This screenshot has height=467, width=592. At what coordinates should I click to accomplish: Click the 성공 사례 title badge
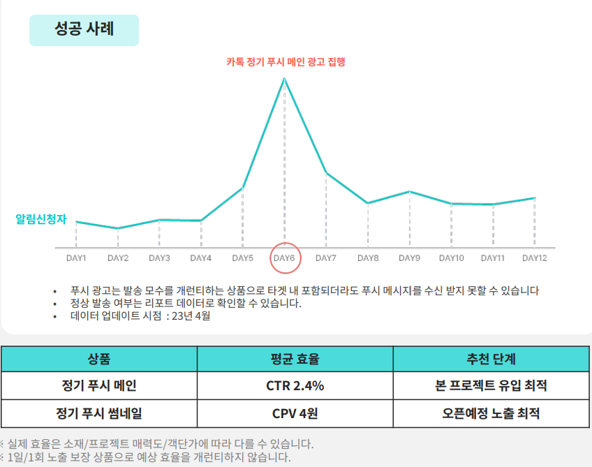[x=84, y=30]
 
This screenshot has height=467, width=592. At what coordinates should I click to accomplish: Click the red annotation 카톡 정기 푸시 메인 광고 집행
[x=286, y=61]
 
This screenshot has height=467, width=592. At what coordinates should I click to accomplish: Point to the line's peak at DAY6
[x=284, y=78]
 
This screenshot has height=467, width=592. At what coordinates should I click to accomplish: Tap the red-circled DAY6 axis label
[x=284, y=258]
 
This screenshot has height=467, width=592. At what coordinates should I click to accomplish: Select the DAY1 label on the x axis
[x=76, y=258]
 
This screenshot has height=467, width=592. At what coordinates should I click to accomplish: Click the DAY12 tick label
[x=534, y=258]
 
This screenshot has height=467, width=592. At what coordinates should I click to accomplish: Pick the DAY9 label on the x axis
[x=409, y=258]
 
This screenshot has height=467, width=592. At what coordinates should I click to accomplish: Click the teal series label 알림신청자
[x=40, y=219]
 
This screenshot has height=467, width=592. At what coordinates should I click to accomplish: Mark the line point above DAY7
[x=326, y=172]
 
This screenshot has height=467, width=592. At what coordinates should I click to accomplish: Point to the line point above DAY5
[x=242, y=188]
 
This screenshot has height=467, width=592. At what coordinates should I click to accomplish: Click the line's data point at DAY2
[x=117, y=228]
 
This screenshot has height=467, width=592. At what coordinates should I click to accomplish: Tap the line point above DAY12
[x=534, y=198]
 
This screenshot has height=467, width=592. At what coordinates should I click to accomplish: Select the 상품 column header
[x=99, y=359]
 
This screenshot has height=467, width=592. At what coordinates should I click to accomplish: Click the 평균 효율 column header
[x=295, y=359]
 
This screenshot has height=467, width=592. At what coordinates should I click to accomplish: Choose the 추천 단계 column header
[x=491, y=359]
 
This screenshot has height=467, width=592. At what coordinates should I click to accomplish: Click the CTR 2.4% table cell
[x=295, y=385]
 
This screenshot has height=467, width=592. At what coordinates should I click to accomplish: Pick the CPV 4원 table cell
[x=295, y=413]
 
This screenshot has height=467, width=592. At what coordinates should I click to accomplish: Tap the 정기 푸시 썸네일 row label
[x=99, y=413]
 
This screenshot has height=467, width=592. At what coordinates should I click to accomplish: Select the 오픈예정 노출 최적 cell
[x=491, y=413]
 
